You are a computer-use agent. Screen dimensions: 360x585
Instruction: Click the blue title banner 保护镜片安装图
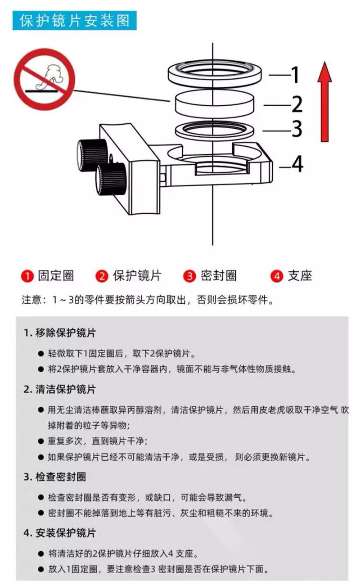point(74,21)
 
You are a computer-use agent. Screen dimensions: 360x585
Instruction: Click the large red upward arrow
point(325,102)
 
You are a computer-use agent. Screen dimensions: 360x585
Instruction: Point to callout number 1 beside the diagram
point(295,75)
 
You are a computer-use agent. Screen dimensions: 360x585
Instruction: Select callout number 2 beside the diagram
point(297,104)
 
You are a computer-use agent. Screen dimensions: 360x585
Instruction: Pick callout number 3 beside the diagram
point(297,129)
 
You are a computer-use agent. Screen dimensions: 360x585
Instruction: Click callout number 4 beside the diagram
point(297,164)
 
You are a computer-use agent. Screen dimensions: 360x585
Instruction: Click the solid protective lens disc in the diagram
point(215,104)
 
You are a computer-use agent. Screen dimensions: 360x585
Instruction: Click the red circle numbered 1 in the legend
point(27,276)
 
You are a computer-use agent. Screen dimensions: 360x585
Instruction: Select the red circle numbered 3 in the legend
point(189,276)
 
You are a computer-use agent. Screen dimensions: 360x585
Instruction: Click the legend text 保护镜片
point(137,275)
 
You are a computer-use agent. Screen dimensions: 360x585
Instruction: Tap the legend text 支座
point(300,275)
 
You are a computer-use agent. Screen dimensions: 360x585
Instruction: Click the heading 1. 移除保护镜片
point(60,333)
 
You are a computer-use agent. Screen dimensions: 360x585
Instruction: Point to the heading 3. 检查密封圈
point(54,477)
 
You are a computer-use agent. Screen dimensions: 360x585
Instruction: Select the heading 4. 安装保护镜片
point(60,533)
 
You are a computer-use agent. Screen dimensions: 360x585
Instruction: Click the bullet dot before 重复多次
point(41,441)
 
